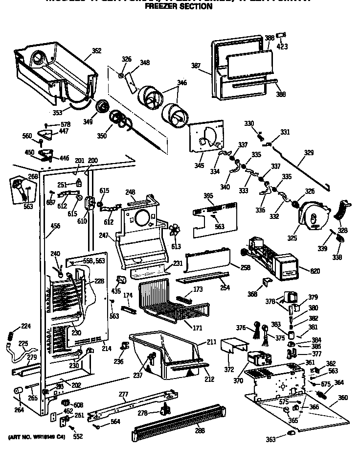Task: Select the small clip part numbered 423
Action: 281,35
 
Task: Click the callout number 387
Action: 196,66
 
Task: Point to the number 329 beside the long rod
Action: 309,153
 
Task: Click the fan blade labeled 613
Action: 175,232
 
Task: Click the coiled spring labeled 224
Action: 9,338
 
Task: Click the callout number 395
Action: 208,195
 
